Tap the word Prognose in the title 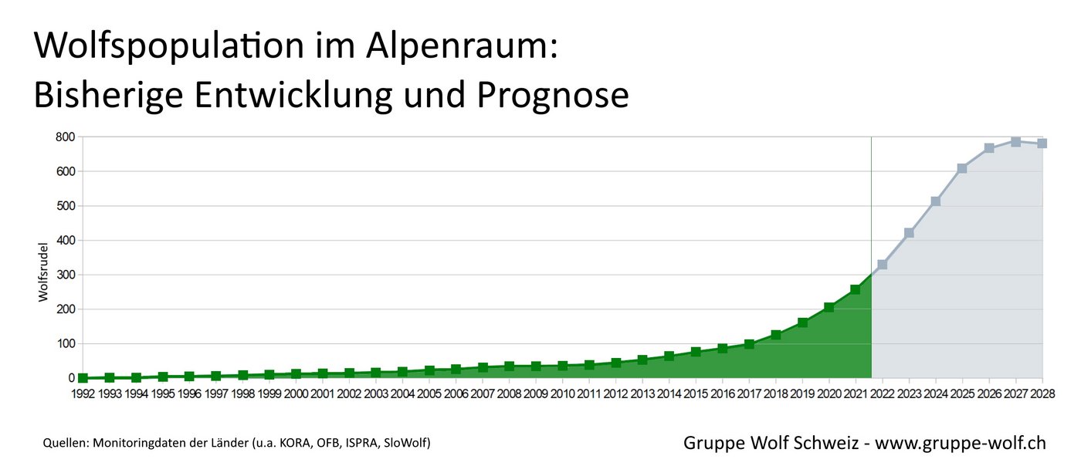553,96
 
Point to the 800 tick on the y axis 64,137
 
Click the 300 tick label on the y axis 64,275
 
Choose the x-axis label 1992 83,394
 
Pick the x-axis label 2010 563,394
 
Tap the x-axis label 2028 1042,394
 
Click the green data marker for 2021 856,289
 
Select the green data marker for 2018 775,335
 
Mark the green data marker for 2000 296,374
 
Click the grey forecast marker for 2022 882,265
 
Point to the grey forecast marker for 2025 962,168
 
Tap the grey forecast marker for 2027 1015,142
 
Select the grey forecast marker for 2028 1042,144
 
